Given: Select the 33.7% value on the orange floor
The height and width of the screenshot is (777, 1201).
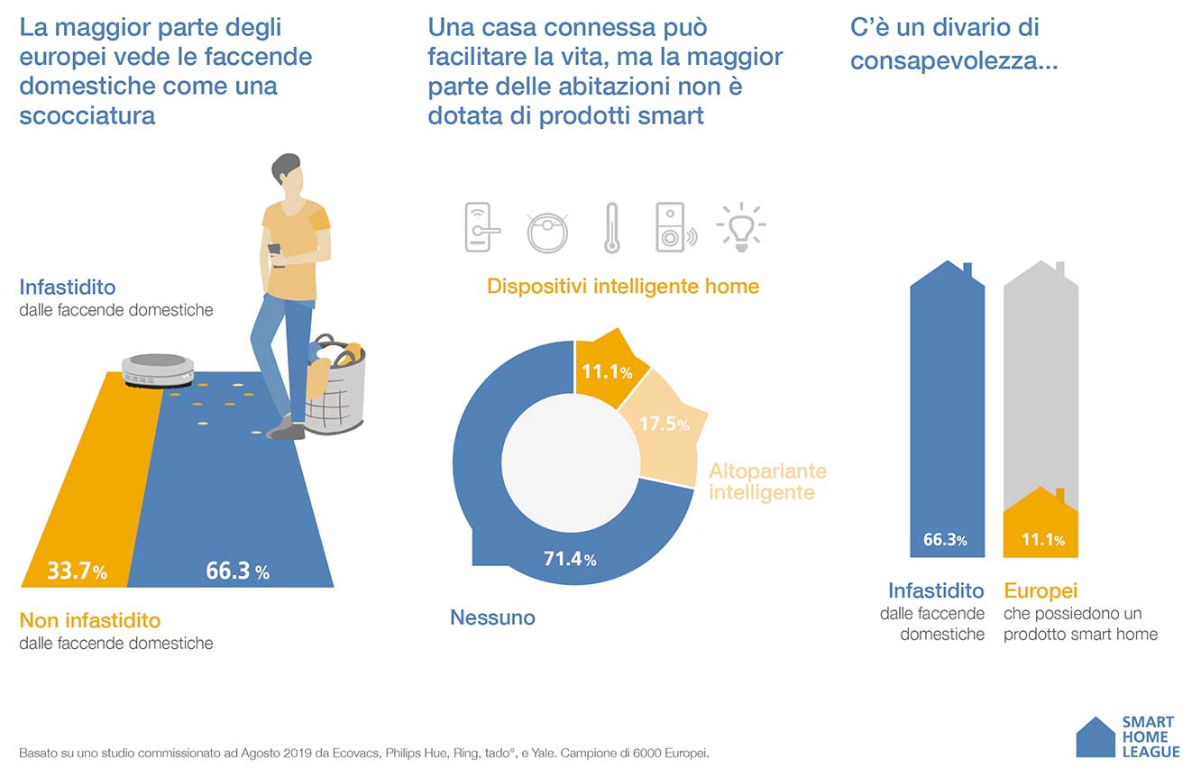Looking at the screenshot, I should tap(77, 571).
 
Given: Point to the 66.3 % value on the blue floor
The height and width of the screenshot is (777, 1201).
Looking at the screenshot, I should tap(237, 571).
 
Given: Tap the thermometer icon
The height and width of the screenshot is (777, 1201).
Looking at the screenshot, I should tap(612, 228).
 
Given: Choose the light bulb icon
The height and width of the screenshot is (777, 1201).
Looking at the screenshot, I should tap(740, 227).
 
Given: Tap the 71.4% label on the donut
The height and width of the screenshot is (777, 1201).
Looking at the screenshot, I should tap(570, 559).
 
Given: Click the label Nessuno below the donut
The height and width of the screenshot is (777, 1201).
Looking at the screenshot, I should tap(492, 617).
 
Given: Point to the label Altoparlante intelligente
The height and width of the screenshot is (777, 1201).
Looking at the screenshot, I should tap(767, 482).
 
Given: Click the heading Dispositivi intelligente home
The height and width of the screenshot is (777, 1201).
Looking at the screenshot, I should tap(623, 287).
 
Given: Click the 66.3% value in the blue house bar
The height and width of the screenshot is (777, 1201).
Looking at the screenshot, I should tap(945, 540).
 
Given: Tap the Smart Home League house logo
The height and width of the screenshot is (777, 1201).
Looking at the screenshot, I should tap(1095, 737).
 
